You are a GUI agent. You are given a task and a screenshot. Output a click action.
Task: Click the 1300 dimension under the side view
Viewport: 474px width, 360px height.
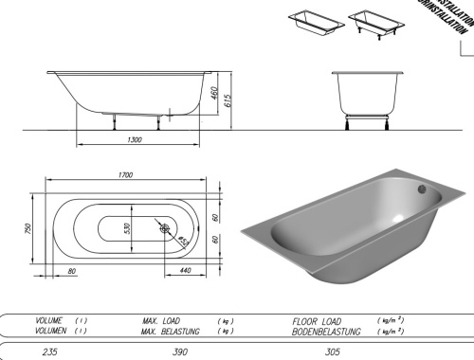(x=134, y=139)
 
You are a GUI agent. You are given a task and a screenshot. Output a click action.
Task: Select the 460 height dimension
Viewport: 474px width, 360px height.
(x=214, y=95)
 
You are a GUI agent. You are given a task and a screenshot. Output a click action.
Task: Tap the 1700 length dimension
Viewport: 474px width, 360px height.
(x=126, y=176)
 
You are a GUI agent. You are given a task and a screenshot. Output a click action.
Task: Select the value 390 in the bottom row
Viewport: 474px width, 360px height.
(x=179, y=351)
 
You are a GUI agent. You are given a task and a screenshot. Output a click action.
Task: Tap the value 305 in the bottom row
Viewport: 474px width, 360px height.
(x=328, y=351)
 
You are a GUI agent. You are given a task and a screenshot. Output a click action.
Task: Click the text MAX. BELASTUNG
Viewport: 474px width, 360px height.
(x=173, y=331)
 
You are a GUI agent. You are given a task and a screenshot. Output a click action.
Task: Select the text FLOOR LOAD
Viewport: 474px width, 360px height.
(x=317, y=321)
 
